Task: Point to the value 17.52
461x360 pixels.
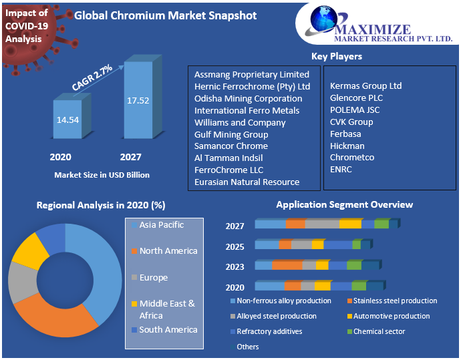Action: point(138,100)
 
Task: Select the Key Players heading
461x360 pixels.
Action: point(336,56)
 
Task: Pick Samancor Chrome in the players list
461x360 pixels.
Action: point(230,146)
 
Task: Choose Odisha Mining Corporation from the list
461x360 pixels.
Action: point(248,98)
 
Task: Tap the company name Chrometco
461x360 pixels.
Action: point(352,157)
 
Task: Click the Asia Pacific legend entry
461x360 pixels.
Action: point(161,225)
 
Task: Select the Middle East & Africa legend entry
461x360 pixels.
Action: point(167,309)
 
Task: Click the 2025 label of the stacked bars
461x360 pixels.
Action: point(235,246)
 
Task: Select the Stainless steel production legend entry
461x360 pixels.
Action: point(394,301)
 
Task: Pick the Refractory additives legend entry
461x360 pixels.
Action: point(269,331)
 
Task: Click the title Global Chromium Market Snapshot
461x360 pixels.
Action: point(165,15)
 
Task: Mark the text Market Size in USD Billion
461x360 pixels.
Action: point(102,175)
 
